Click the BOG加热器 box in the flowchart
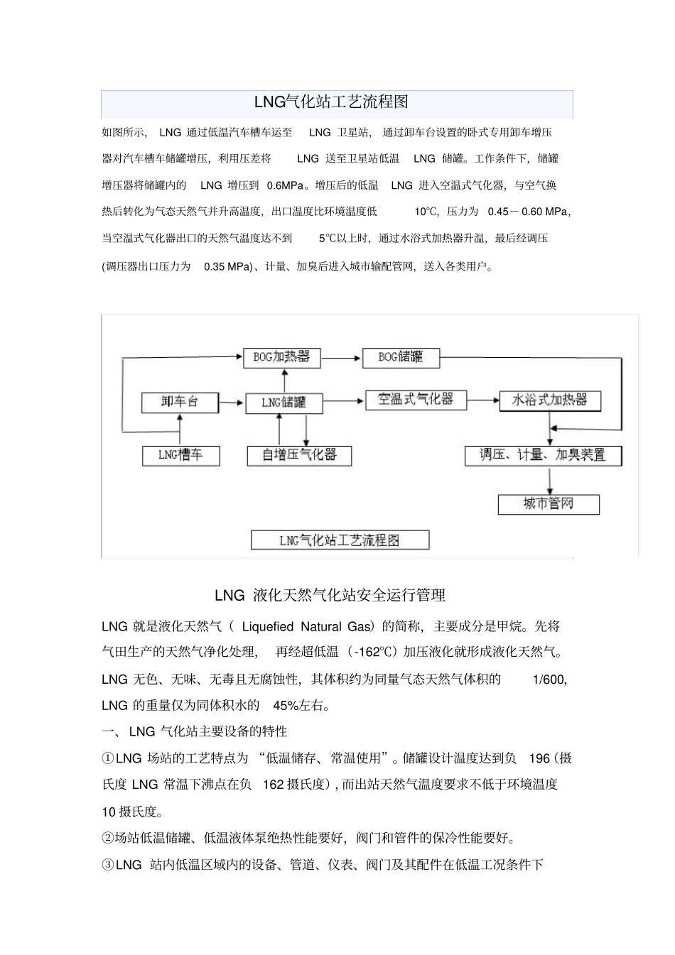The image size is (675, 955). pyautogui.click(x=281, y=357)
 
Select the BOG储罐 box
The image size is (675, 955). pyautogui.click(x=401, y=357)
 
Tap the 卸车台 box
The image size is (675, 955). pyautogui.click(x=180, y=402)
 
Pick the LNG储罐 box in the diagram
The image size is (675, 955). pyautogui.click(x=283, y=403)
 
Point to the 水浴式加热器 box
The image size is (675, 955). pyautogui.click(x=550, y=400)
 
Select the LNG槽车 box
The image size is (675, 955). pyautogui.click(x=180, y=455)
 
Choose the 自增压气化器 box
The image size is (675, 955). pyautogui.click(x=299, y=455)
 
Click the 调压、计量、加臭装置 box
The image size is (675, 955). pyautogui.click(x=543, y=455)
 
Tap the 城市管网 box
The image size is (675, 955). pyautogui.click(x=549, y=504)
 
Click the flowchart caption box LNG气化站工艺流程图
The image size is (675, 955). pyautogui.click(x=340, y=540)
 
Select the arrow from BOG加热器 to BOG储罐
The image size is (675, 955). pyautogui.click(x=341, y=358)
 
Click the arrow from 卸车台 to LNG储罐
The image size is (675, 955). pyautogui.click(x=232, y=403)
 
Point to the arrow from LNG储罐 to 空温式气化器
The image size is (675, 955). pyautogui.click(x=344, y=402)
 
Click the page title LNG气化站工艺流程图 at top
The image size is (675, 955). pyautogui.click(x=331, y=102)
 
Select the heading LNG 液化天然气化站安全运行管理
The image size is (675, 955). pyautogui.click(x=330, y=595)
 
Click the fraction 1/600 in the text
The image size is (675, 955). pyautogui.click(x=549, y=680)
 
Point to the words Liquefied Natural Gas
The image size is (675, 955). pyautogui.click(x=306, y=626)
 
